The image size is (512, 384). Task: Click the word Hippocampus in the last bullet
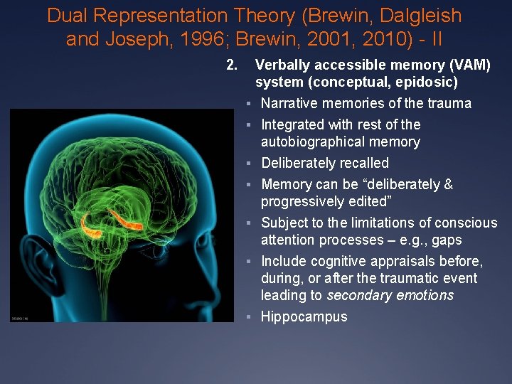304,316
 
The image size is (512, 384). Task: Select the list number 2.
230,65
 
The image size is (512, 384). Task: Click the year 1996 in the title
218,38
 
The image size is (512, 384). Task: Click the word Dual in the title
71,16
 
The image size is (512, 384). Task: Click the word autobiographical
318,142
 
